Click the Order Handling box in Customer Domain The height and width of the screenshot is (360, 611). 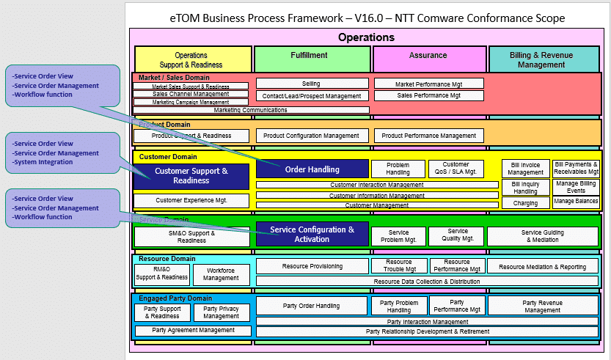click(312, 169)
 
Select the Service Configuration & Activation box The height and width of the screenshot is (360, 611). click(312, 235)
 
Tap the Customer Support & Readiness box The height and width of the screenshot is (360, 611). click(191, 176)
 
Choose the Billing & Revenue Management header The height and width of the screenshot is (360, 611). click(543, 59)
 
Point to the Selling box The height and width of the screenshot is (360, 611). click(311, 84)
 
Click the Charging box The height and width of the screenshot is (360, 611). click(525, 203)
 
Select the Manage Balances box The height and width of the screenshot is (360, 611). click(576, 201)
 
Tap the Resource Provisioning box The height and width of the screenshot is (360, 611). click(312, 267)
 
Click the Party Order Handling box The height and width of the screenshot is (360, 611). click(312, 306)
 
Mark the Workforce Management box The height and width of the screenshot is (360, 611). click(221, 274)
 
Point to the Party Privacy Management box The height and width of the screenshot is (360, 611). click(221, 312)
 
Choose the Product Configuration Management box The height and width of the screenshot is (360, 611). click(311, 136)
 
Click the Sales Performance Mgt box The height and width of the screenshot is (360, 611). click(428, 95)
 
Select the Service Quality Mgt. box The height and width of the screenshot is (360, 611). click(456, 235)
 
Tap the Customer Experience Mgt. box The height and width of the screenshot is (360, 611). click(191, 200)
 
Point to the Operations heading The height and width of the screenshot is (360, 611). click(366, 37)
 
